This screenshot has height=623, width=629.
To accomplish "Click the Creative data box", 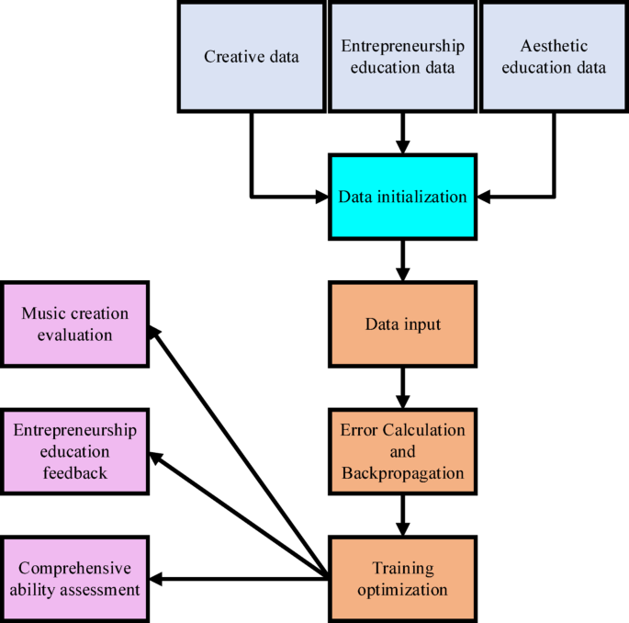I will [251, 57].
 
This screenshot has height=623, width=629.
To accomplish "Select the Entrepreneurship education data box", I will [402, 57].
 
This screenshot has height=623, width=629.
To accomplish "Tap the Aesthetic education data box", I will [554, 57].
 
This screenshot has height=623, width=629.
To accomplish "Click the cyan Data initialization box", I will [402, 197].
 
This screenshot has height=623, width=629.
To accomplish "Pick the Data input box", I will [402, 324].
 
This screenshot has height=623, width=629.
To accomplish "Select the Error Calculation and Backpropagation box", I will [402, 452].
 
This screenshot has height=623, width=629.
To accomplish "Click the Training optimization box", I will [402, 579].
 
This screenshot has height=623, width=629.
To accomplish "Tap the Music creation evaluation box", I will [74, 324].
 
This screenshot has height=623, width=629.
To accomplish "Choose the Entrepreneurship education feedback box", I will [74, 452].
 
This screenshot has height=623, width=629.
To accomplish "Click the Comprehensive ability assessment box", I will [74, 579].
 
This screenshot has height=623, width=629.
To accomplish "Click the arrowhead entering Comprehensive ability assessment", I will [157, 579].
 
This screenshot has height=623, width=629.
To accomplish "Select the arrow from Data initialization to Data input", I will [402, 260].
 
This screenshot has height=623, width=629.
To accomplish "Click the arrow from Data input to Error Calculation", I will [402, 388].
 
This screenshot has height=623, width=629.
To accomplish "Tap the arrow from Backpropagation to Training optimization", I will [402, 515].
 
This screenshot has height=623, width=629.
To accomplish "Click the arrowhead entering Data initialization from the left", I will [320, 197].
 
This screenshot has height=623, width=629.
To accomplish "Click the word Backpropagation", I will [402, 473].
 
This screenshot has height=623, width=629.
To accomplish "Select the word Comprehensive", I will [74, 569].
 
